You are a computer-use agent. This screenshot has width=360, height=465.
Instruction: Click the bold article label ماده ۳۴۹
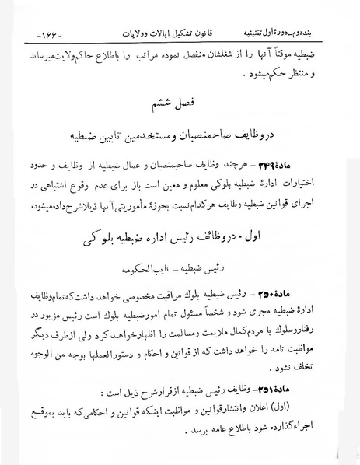coord(318,187)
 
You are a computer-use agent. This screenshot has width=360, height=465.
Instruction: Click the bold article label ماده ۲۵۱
coord(319,391)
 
